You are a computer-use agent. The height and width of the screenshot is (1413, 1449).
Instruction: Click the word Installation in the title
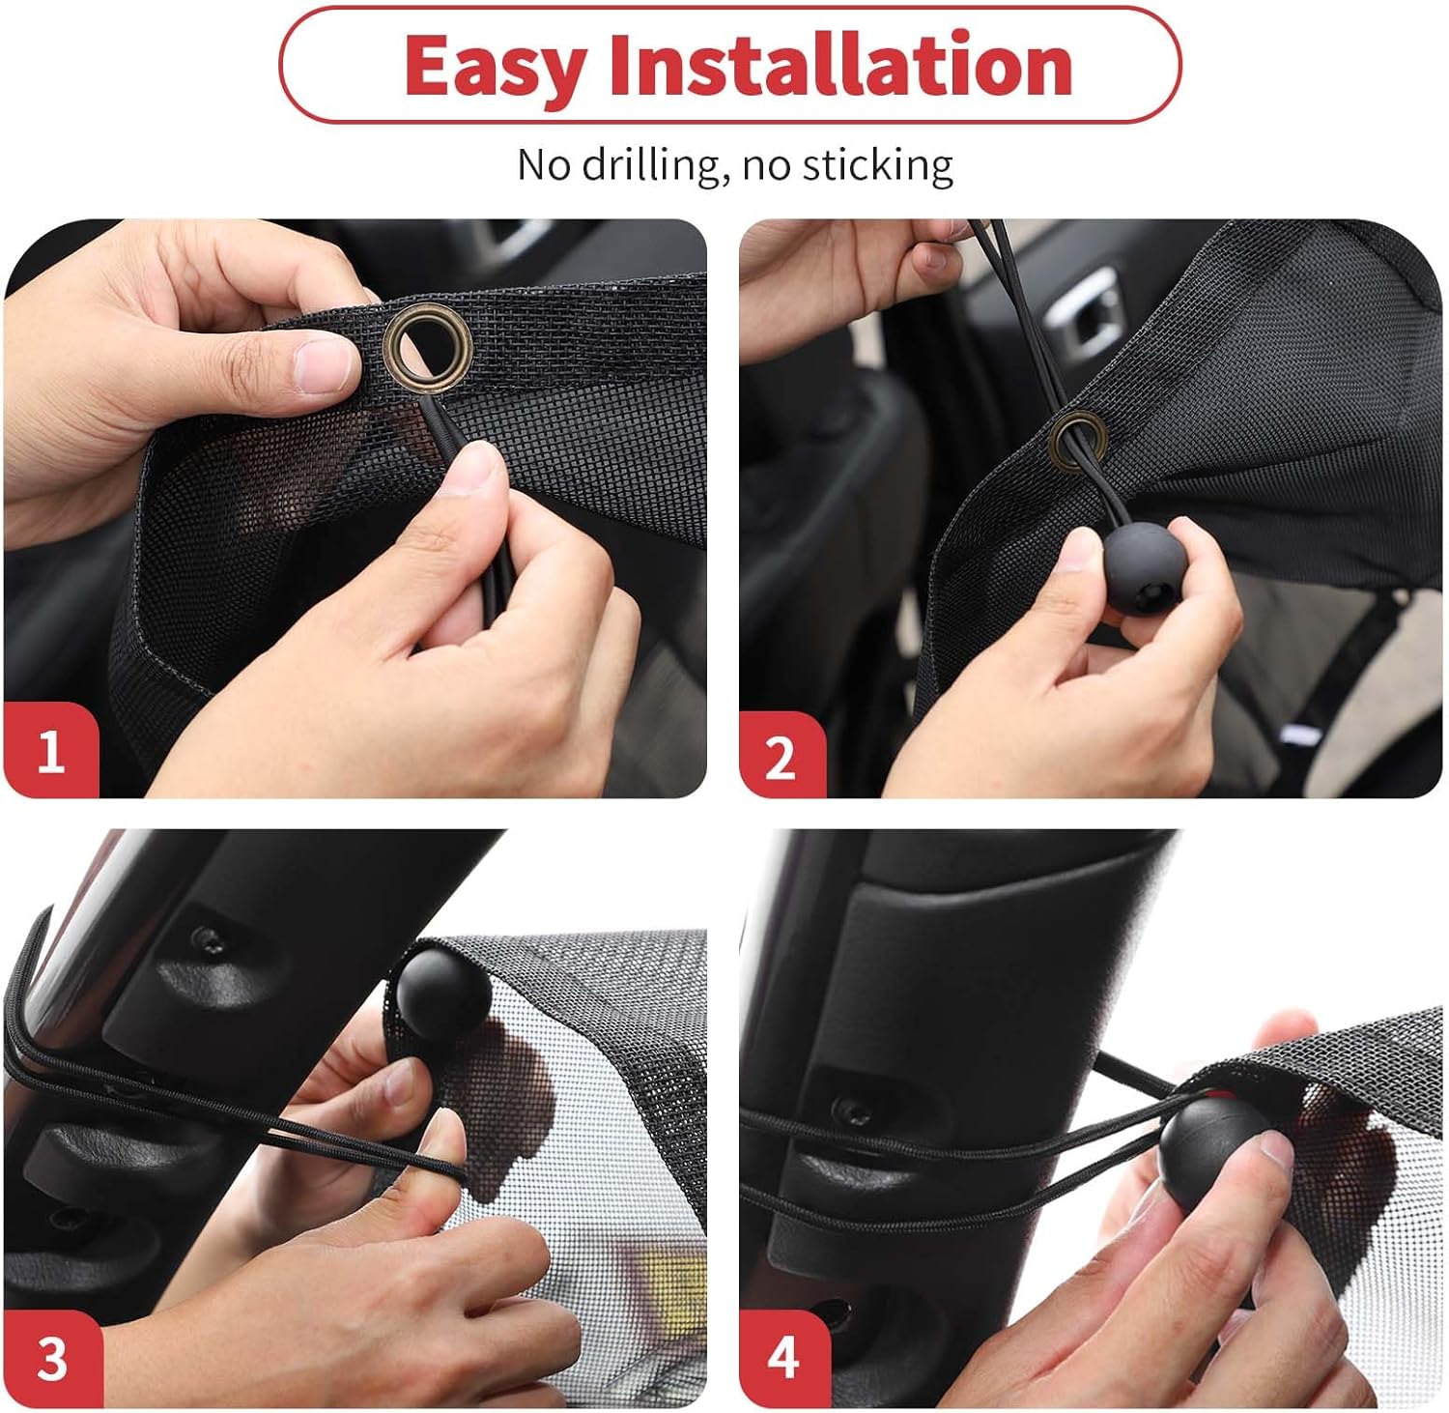tap(840, 65)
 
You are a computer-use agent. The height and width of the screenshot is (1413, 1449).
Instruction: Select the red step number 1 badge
tap(50, 750)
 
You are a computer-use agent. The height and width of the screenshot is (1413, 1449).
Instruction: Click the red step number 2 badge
tap(781, 756)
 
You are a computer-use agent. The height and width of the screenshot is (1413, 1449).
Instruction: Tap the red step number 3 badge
tap(52, 1359)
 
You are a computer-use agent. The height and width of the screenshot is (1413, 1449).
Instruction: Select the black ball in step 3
tap(442, 991)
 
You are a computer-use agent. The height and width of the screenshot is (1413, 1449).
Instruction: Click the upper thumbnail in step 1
tap(325, 365)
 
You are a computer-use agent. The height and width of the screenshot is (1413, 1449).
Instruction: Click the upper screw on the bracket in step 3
tap(205, 937)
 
